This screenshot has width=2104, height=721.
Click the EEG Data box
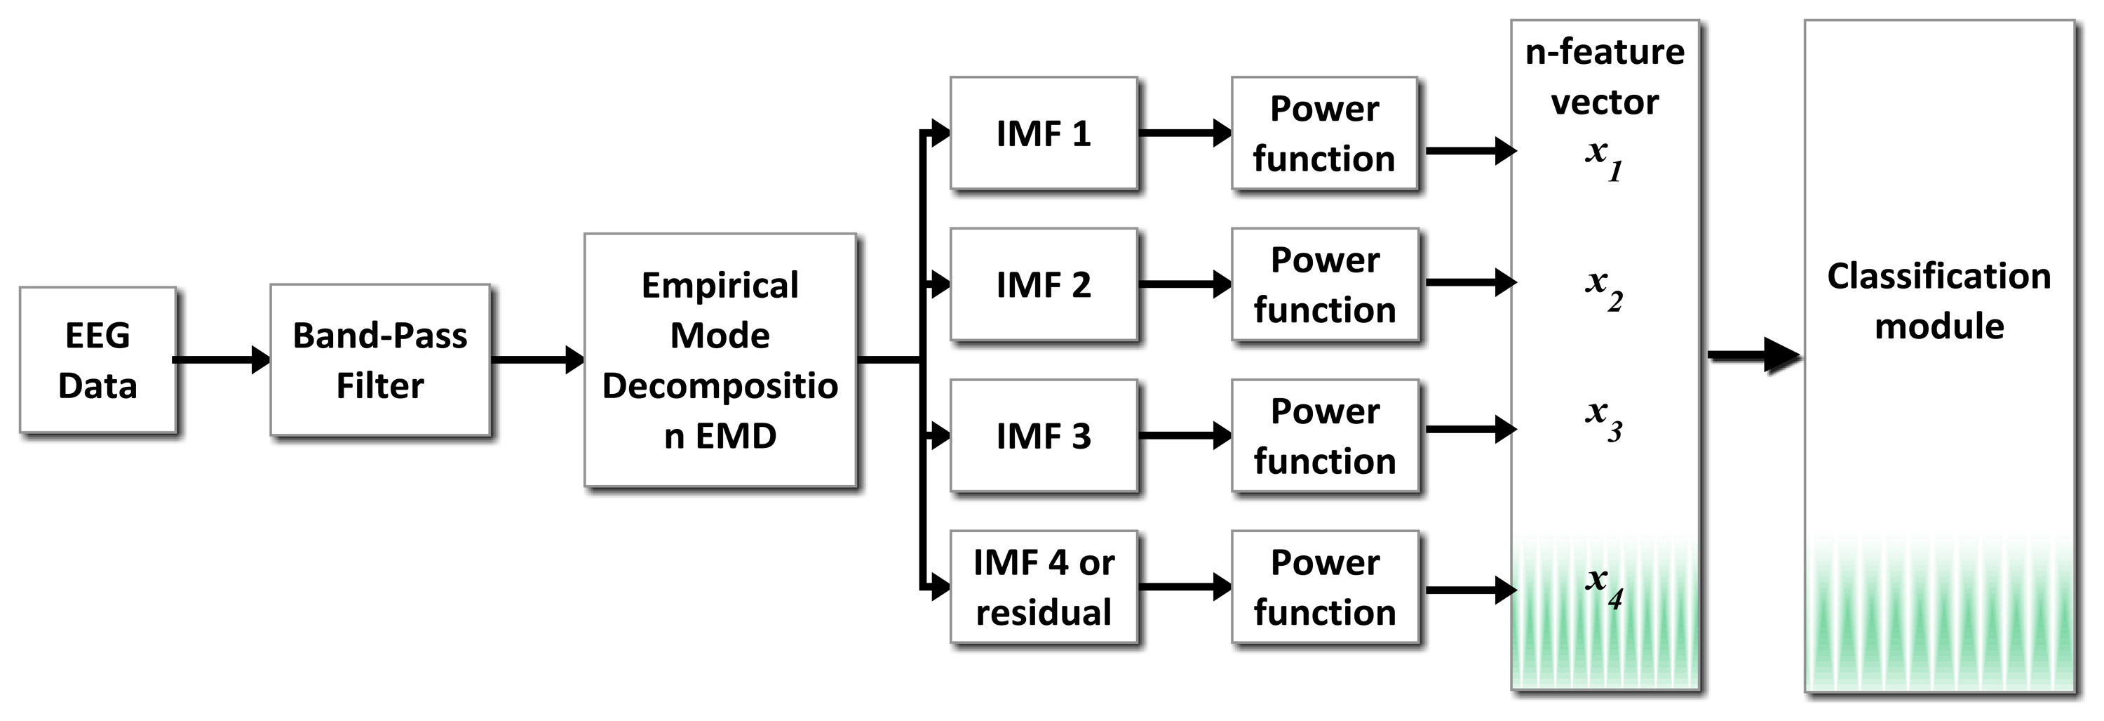[x=97, y=359]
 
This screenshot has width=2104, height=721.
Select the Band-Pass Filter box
[x=380, y=359]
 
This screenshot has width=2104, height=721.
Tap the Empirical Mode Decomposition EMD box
[x=720, y=359]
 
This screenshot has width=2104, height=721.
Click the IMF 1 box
[x=1043, y=133]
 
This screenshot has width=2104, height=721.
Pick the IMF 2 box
[x=1043, y=284]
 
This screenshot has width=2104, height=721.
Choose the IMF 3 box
[x=1043, y=436]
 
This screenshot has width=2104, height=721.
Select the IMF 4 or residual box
[x=1043, y=587]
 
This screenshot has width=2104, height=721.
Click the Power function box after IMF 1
[x=1324, y=133]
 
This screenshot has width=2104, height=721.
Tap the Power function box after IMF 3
[x=1324, y=436]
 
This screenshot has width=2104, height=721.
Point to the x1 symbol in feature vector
[x=1603, y=158]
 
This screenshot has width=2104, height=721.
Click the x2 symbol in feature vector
[x=1603, y=289]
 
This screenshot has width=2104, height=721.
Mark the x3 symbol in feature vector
[x=1603, y=419]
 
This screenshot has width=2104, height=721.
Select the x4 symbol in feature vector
[x=1603, y=586]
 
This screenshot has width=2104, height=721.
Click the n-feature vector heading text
[x=1604, y=77]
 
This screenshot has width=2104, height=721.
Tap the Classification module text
[x=1939, y=300]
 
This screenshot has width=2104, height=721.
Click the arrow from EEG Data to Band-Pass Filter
[x=220, y=359]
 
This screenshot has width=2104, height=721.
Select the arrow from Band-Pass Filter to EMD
[x=537, y=359]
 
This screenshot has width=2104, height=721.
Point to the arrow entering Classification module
[x=1753, y=356]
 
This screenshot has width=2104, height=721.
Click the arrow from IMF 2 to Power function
[x=1185, y=284]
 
